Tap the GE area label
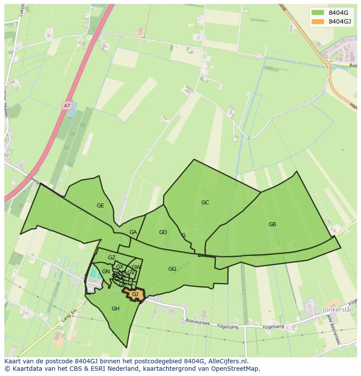click(100, 206)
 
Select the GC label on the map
click(205, 203)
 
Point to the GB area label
click(272, 224)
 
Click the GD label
click(163, 232)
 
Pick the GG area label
click(172, 269)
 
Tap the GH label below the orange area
click(115, 309)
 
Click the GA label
click(133, 232)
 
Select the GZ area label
click(112, 258)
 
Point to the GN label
click(106, 272)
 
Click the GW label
click(136, 267)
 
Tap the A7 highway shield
click(66, 106)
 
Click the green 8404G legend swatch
click(318, 12)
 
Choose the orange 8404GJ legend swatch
click(318, 21)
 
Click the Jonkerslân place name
click(339, 309)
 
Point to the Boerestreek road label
click(198, 322)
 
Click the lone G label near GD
click(184, 235)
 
